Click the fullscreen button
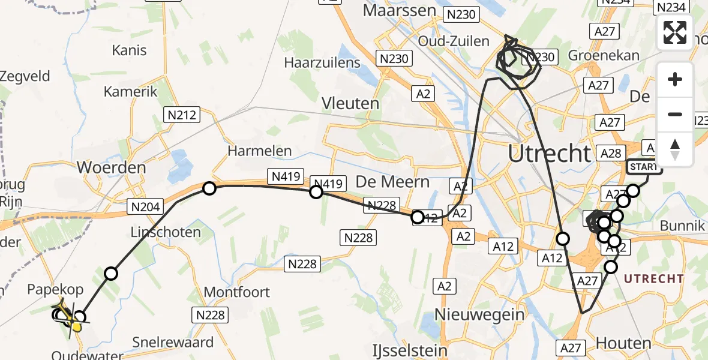(675, 32)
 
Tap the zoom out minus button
(675, 114)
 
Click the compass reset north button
(675, 149)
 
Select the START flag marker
(644, 166)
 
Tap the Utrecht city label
(550, 154)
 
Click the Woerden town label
(112, 167)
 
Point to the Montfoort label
(237, 292)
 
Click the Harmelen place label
(260, 151)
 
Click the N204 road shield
(145, 208)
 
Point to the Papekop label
(55, 289)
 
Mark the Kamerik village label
(130, 91)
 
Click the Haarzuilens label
(322, 62)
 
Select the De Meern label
(393, 181)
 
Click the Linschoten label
(165, 232)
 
